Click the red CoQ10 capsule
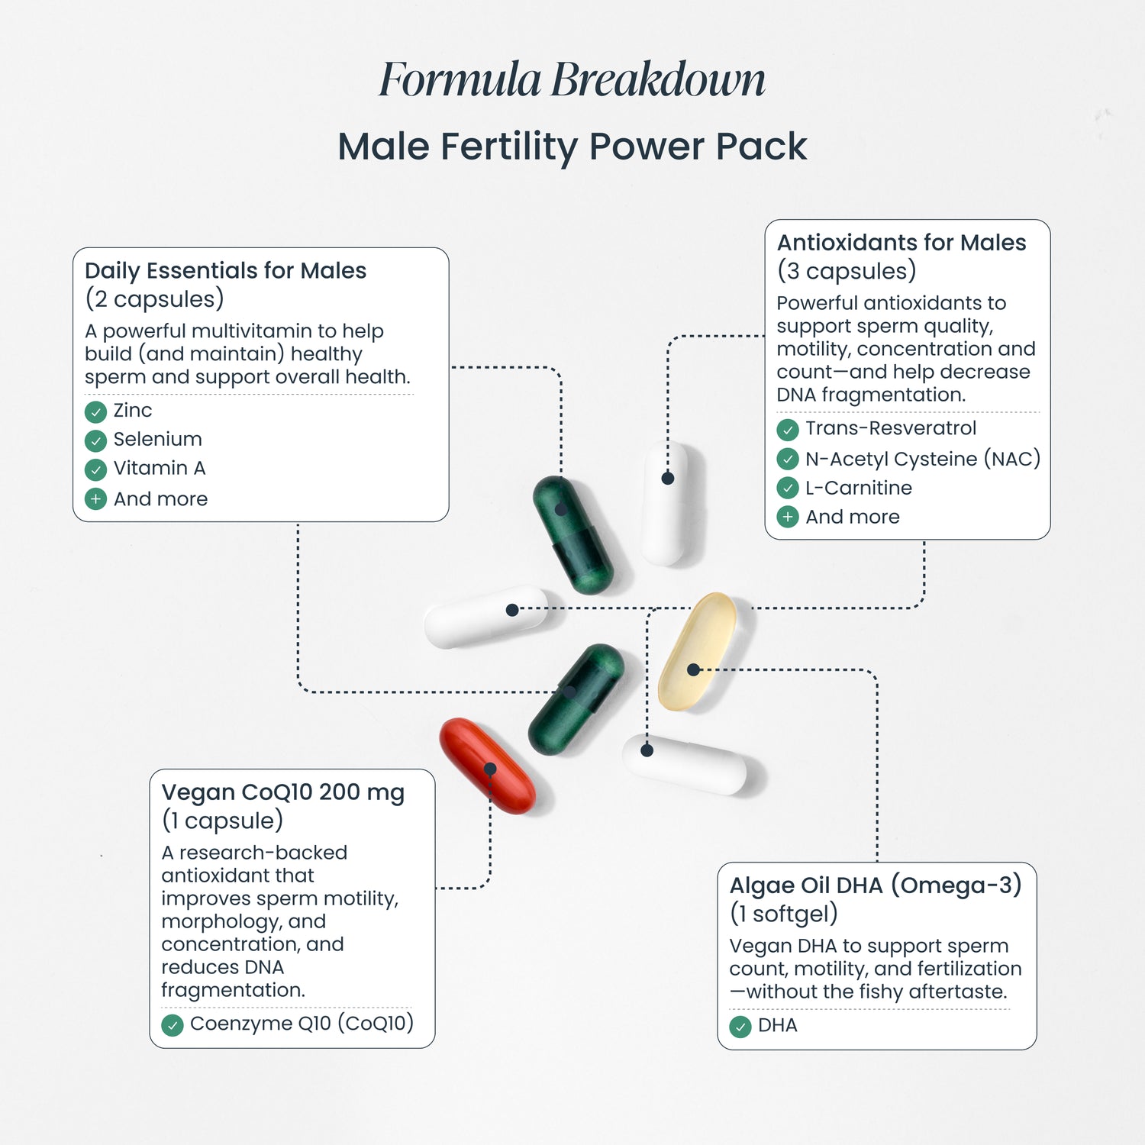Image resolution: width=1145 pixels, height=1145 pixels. (x=487, y=765)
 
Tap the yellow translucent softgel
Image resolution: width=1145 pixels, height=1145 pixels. (x=697, y=651)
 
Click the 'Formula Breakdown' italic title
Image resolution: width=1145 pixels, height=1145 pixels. (x=572, y=80)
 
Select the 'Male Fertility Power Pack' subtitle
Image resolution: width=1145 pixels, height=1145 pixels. (x=572, y=147)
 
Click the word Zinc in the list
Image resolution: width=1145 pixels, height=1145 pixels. (x=133, y=411)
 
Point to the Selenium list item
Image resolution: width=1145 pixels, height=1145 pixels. (x=158, y=440)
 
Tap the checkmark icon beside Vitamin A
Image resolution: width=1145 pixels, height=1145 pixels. (x=95, y=469)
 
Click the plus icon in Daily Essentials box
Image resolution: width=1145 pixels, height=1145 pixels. (x=95, y=499)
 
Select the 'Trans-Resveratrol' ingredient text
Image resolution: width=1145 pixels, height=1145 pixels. (x=891, y=428)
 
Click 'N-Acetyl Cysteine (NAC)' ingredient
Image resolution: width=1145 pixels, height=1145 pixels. (x=923, y=459)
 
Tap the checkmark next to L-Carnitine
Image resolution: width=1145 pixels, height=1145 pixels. (x=788, y=488)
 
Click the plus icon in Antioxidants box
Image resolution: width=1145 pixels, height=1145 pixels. (x=788, y=517)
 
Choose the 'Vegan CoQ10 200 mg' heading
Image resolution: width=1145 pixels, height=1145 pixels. (x=283, y=792)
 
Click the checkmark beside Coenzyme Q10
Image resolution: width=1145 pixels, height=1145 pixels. (x=173, y=1024)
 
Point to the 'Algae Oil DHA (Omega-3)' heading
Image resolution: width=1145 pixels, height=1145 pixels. (x=876, y=885)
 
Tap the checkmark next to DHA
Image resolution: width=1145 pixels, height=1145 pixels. (x=740, y=1027)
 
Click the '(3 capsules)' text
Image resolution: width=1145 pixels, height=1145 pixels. (x=847, y=271)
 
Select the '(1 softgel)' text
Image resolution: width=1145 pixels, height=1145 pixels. (x=784, y=914)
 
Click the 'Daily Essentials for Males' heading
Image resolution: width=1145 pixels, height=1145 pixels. (x=226, y=271)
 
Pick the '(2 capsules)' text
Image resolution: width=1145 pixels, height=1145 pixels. (x=154, y=299)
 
